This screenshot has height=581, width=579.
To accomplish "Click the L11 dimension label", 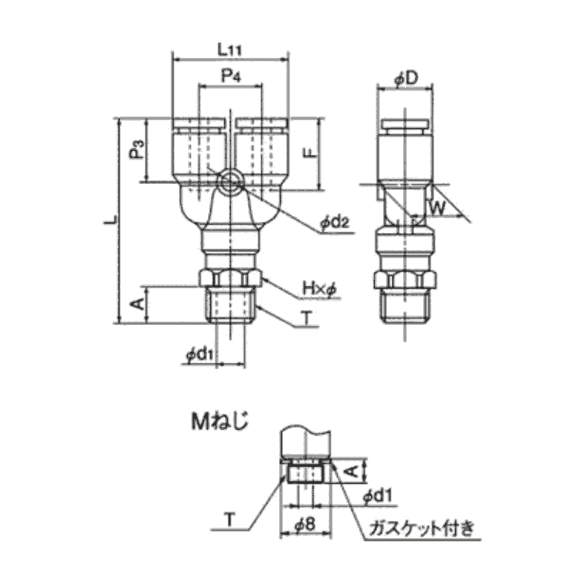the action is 229,49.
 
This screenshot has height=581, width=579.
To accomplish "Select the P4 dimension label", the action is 231,76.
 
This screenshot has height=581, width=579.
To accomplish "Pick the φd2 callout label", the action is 335,223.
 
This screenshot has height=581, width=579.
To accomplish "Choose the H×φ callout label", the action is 319,289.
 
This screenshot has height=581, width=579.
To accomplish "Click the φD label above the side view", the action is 406,79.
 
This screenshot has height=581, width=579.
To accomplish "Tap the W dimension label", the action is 437,208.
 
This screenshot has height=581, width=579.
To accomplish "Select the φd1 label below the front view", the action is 200,355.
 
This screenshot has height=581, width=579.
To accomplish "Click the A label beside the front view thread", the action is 138,304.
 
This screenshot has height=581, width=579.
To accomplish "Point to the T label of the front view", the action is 307,318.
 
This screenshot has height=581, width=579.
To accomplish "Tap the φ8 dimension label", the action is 305,525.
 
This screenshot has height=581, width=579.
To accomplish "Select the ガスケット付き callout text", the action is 421,528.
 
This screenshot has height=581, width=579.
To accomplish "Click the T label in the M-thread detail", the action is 230,520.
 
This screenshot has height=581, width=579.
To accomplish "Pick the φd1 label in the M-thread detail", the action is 377,496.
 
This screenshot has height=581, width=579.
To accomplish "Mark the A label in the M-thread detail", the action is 352,471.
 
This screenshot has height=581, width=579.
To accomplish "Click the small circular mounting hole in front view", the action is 231,182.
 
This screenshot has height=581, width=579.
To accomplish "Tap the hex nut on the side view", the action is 405,280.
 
